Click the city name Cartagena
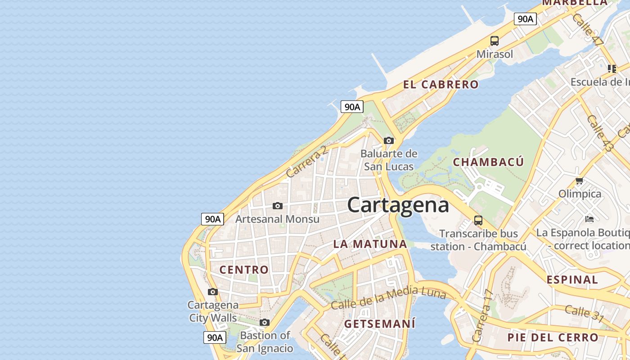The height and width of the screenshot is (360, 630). [x=398, y=205]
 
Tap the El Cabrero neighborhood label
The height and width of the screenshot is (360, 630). [x=441, y=84]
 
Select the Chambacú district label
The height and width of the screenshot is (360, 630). [x=488, y=162]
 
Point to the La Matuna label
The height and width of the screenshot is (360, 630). [x=370, y=244]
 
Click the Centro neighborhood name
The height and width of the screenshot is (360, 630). [x=244, y=270]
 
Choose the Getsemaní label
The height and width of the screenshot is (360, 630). [x=380, y=324]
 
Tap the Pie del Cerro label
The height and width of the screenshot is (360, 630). [x=553, y=337]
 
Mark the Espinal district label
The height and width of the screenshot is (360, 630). [x=572, y=279]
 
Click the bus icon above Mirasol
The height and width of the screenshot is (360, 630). [x=495, y=41]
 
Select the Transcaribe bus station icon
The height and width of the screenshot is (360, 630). [x=478, y=220]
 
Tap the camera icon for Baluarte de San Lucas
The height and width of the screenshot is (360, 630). [x=389, y=141]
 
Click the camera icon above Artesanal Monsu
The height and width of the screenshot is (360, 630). [x=278, y=206]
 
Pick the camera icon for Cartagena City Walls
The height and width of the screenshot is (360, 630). [x=213, y=292]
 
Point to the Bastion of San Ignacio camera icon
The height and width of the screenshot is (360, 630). [x=265, y=322]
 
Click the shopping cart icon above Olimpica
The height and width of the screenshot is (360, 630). [x=579, y=181]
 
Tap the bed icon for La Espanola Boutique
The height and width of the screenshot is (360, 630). [x=589, y=219]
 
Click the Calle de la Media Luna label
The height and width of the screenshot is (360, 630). [x=388, y=298]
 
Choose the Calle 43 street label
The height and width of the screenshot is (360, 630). [x=599, y=133]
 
